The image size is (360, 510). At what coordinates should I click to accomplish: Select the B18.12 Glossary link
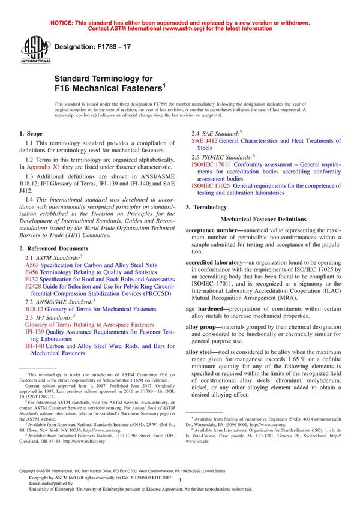(35, 310)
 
